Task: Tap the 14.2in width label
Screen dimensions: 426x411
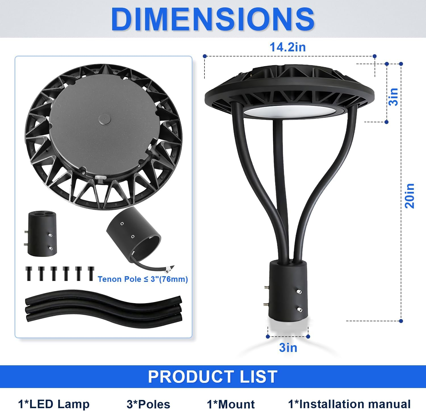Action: click(287, 47)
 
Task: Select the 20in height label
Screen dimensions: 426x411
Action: click(410, 196)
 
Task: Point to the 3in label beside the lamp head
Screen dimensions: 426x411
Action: click(393, 97)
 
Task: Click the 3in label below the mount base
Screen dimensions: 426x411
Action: click(288, 347)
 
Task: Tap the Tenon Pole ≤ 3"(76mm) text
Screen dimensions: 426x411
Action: click(143, 279)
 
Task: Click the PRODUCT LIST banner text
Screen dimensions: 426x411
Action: click(213, 377)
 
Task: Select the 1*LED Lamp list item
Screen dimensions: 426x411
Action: click(54, 404)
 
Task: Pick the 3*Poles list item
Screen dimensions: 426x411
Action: click(148, 404)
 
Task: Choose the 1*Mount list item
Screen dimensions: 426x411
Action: click(231, 404)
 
